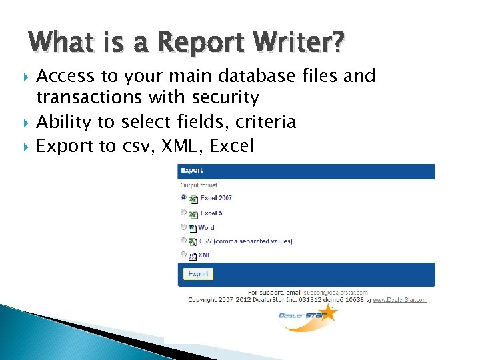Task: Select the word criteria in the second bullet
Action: [x=262, y=122]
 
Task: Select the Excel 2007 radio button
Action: [x=183, y=198]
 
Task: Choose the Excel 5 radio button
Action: [x=183, y=213]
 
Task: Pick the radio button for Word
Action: [x=183, y=227]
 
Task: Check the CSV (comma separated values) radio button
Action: [x=183, y=241]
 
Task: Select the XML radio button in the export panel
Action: [x=183, y=255]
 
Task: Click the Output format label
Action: [x=199, y=185]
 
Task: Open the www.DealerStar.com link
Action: [x=399, y=300]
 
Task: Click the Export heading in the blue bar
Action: [x=192, y=171]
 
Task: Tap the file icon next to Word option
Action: [x=192, y=227]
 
